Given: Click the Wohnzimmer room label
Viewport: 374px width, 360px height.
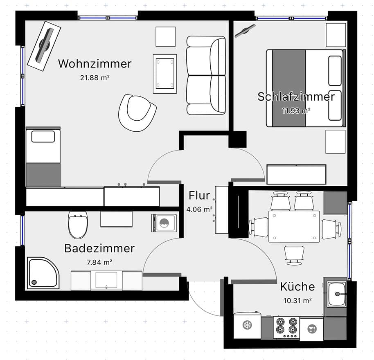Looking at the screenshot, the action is tap(95, 64).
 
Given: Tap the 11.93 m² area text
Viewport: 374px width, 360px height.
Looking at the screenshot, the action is tap(296, 110).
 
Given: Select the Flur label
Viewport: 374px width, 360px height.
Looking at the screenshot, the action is tap(199, 196).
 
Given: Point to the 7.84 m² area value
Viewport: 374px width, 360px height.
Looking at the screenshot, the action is tap(99, 262).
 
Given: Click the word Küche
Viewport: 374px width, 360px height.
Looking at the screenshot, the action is tap(297, 287).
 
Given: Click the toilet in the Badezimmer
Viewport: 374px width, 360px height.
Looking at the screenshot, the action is tap(78, 225).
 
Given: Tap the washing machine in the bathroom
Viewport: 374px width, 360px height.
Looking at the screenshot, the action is tap(164, 223).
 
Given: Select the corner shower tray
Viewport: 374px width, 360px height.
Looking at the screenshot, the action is tap(43, 273).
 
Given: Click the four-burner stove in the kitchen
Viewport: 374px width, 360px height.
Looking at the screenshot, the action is tap(286, 327).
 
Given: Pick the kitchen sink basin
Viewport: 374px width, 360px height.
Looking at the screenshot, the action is tap(336, 294).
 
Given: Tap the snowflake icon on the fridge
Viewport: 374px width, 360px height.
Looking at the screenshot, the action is tap(247, 325).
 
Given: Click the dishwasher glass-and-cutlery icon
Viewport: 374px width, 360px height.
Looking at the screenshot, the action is tap(312, 329).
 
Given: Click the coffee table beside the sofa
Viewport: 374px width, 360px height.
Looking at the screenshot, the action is tap(165, 74).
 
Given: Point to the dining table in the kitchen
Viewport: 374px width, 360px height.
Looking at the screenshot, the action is tap(294, 227).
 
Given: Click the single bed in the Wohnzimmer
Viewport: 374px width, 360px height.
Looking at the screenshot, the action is tap(43, 157).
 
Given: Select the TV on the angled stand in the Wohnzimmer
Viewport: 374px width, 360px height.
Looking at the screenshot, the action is tap(44, 45).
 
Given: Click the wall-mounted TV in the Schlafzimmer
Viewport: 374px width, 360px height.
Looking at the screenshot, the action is tap(245, 31).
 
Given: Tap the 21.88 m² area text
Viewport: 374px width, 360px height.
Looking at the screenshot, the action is tap(95, 78).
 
